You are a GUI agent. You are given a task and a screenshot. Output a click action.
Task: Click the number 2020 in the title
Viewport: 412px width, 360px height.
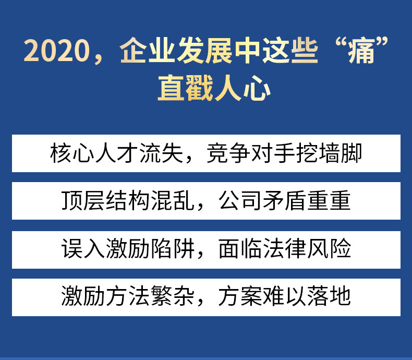(x=57, y=51)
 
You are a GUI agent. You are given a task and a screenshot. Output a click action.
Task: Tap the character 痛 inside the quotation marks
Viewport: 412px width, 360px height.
(x=361, y=51)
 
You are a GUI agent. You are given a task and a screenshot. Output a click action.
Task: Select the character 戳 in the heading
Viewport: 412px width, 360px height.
(x=199, y=88)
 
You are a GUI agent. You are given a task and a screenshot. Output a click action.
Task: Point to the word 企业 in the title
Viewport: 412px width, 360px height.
(x=148, y=51)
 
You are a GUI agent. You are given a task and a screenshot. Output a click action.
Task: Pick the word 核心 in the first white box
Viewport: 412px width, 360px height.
(x=72, y=153)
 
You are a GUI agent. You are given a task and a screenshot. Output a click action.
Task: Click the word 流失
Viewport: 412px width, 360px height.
(x=161, y=153)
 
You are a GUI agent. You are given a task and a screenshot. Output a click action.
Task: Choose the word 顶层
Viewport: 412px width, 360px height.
(x=83, y=200)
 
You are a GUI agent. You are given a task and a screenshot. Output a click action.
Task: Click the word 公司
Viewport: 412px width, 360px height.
(x=240, y=200)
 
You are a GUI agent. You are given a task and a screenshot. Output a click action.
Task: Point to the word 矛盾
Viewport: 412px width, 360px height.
(x=285, y=200)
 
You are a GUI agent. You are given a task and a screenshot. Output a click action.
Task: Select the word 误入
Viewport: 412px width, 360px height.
(x=83, y=248)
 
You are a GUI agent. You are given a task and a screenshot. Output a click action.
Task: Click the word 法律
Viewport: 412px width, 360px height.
(x=285, y=248)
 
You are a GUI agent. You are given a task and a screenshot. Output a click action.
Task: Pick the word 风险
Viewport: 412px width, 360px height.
(x=329, y=248)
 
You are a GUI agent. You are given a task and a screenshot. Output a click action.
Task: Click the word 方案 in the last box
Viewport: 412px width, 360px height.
(x=240, y=296)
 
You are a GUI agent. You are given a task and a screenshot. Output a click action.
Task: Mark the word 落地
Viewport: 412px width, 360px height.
(x=329, y=296)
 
